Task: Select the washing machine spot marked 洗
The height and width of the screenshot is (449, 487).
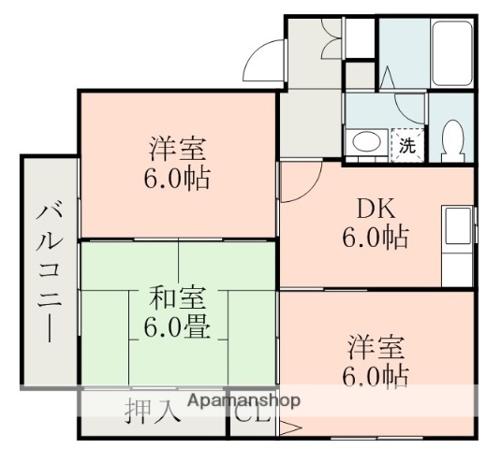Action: (406, 144)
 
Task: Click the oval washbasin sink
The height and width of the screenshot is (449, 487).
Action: (366, 143)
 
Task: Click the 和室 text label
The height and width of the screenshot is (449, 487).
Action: (177, 300)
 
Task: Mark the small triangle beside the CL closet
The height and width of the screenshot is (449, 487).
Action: (287, 429)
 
